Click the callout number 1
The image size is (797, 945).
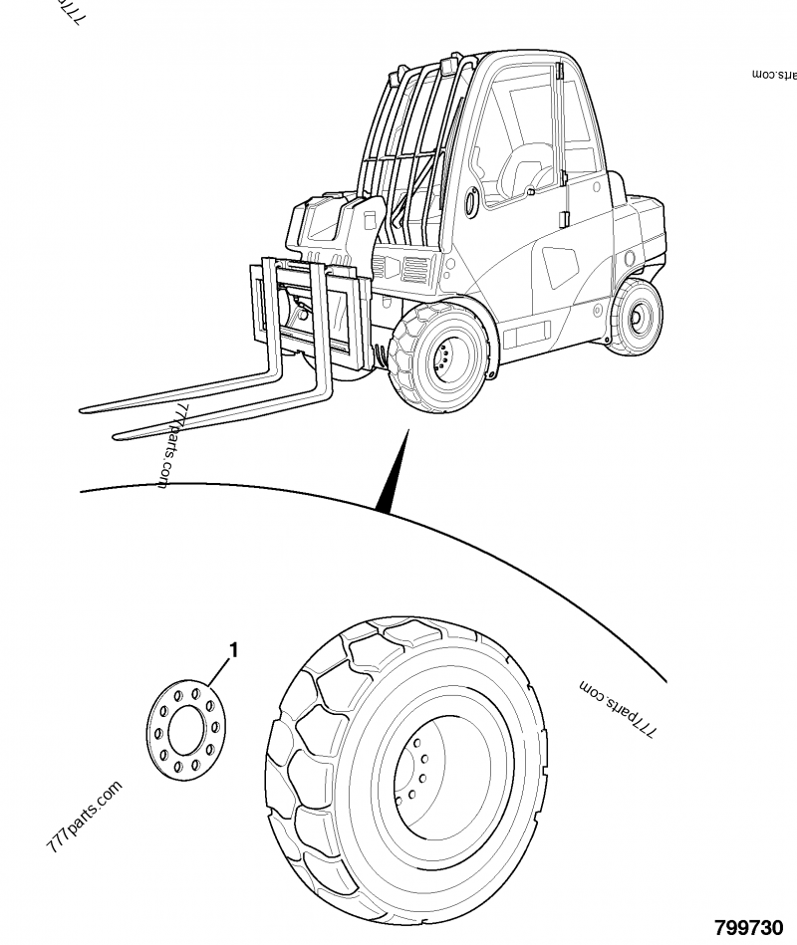point(233,650)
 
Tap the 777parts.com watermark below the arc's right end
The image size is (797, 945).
point(618,708)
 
